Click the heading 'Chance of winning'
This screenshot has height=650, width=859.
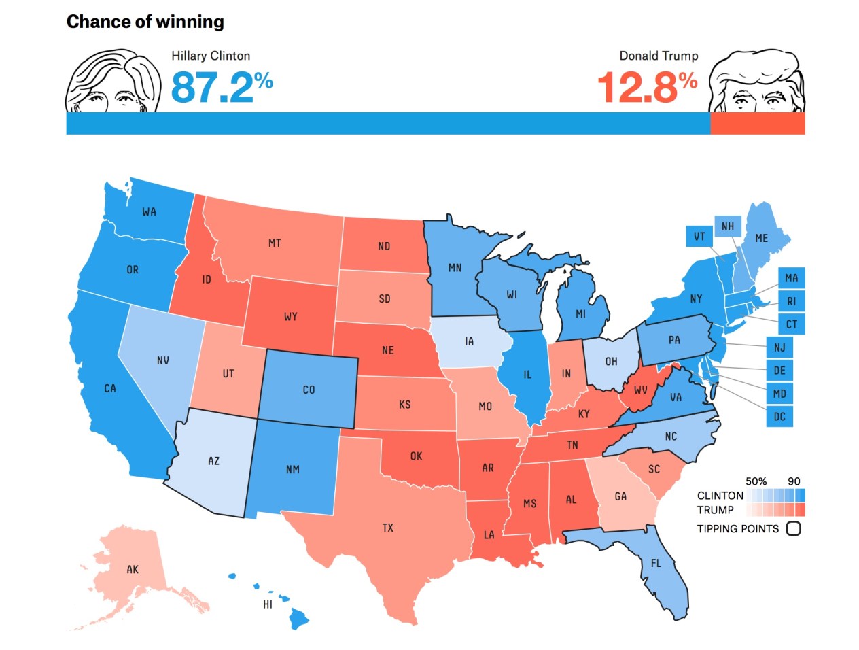point(145,22)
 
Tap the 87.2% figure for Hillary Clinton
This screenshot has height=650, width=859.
point(221,88)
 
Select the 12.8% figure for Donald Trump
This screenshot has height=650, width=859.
point(647,88)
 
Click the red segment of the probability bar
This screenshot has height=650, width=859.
point(757,123)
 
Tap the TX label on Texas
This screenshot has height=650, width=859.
point(387,528)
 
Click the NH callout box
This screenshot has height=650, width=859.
point(727,226)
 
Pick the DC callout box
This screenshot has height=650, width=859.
point(779,416)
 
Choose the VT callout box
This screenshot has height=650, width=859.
point(699,237)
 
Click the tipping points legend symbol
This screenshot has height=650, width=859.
point(793,528)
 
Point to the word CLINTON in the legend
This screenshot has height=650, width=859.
point(720,496)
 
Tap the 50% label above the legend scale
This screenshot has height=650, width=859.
point(756,481)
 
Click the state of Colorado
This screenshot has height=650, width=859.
point(309,390)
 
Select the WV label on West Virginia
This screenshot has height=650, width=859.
point(640,390)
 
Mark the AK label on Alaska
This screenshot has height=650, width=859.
point(133,569)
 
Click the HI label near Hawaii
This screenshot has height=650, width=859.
point(268,604)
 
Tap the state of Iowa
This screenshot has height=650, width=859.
point(469,341)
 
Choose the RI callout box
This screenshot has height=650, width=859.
point(791,301)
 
